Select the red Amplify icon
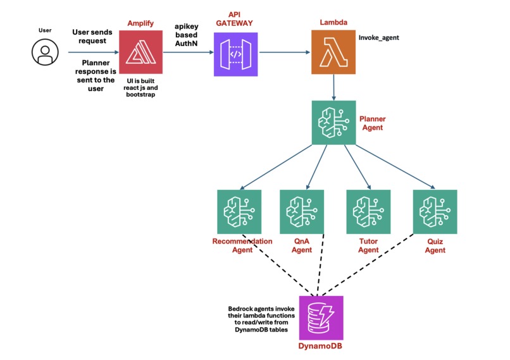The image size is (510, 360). pyautogui.click(x=140, y=54)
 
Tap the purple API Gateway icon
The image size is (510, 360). pyautogui.click(x=235, y=54)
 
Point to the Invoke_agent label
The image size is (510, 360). pyautogui.click(x=378, y=38)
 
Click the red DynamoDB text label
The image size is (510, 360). pyautogui.click(x=320, y=347)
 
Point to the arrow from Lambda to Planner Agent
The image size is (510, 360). pyautogui.click(x=334, y=89)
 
